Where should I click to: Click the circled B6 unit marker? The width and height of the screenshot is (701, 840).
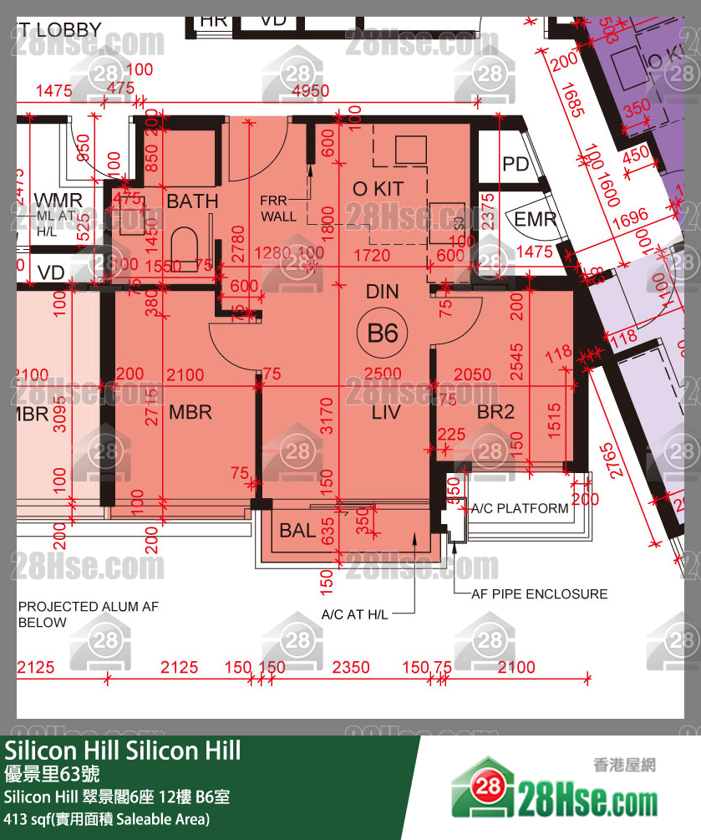383,333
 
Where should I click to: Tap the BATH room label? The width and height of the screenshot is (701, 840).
192,201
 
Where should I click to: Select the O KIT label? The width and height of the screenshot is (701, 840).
378,190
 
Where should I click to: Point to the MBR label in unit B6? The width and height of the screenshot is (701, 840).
190,412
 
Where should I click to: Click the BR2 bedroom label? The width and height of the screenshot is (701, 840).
495,412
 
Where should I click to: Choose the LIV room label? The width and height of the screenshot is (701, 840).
386,412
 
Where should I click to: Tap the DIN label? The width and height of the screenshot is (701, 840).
383,292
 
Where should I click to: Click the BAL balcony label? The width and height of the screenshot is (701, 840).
297,531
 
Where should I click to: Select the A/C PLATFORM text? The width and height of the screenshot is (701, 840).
520,508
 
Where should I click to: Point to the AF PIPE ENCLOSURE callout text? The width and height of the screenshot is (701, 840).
540,594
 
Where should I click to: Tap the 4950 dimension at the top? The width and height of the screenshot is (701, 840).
310,91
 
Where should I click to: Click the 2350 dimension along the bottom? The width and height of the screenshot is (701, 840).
351,667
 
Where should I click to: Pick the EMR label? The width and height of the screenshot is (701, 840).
535,221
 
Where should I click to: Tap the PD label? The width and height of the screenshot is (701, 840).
516,165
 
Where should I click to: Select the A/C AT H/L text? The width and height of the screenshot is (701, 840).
355,615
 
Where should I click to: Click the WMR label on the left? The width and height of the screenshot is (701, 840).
58,201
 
